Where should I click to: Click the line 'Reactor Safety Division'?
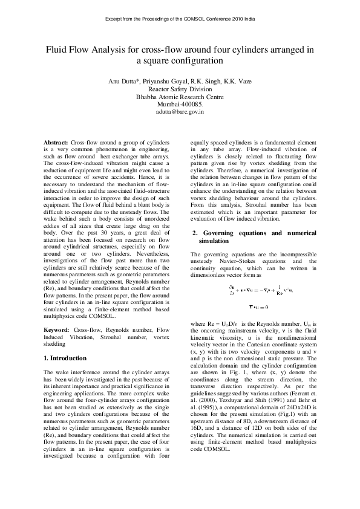180,89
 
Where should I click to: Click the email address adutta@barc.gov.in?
180,112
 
